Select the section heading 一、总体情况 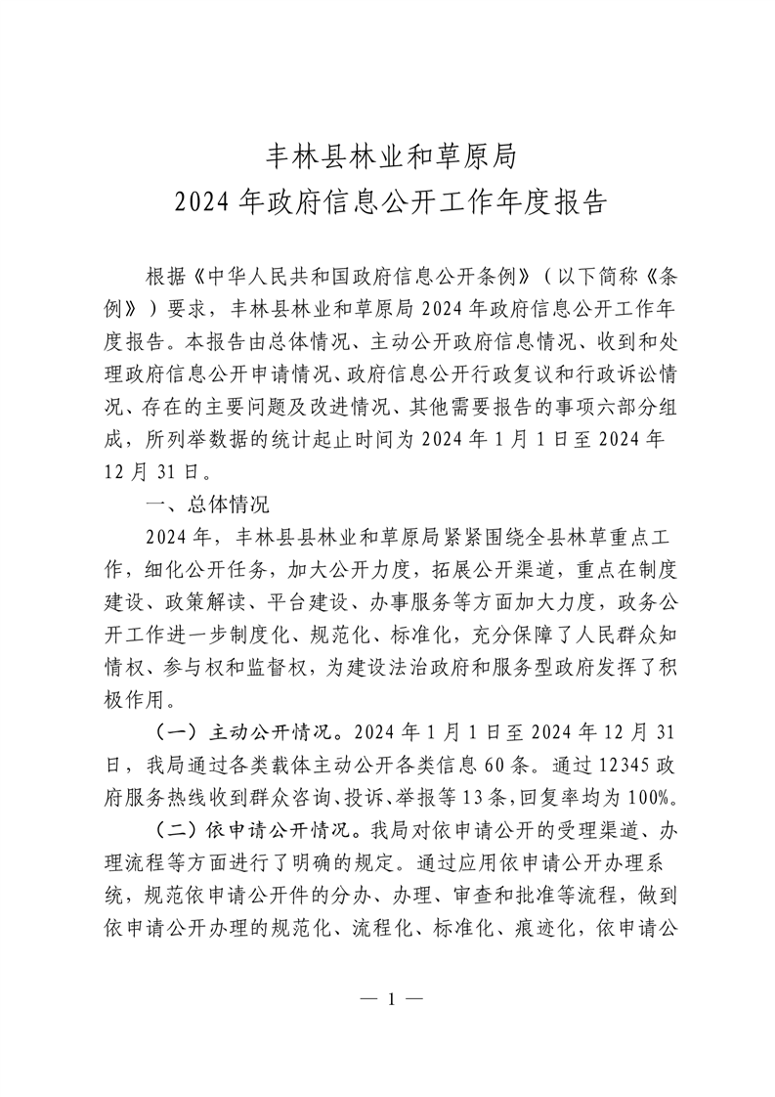[200, 505]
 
